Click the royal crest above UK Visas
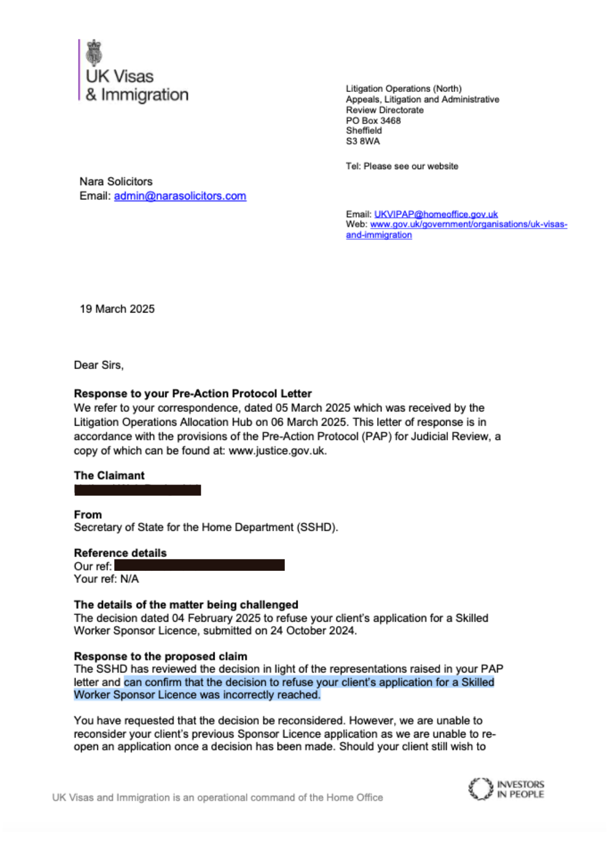[94, 53]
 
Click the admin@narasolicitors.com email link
[180, 196]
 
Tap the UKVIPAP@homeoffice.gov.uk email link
[435, 214]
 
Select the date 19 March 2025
[117, 309]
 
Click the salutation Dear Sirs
[98, 365]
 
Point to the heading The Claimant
[109, 475]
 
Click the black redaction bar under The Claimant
[137, 490]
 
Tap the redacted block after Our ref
[199, 566]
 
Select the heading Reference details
[120, 553]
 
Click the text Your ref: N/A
[106, 579]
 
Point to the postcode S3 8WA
[363, 141]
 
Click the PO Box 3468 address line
[373, 121]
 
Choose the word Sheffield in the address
[364, 131]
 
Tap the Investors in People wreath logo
[480, 789]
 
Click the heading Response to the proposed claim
[160, 656]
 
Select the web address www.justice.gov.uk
[277, 451]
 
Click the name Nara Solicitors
[116, 182]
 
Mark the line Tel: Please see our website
[402, 166]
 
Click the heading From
[88, 515]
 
